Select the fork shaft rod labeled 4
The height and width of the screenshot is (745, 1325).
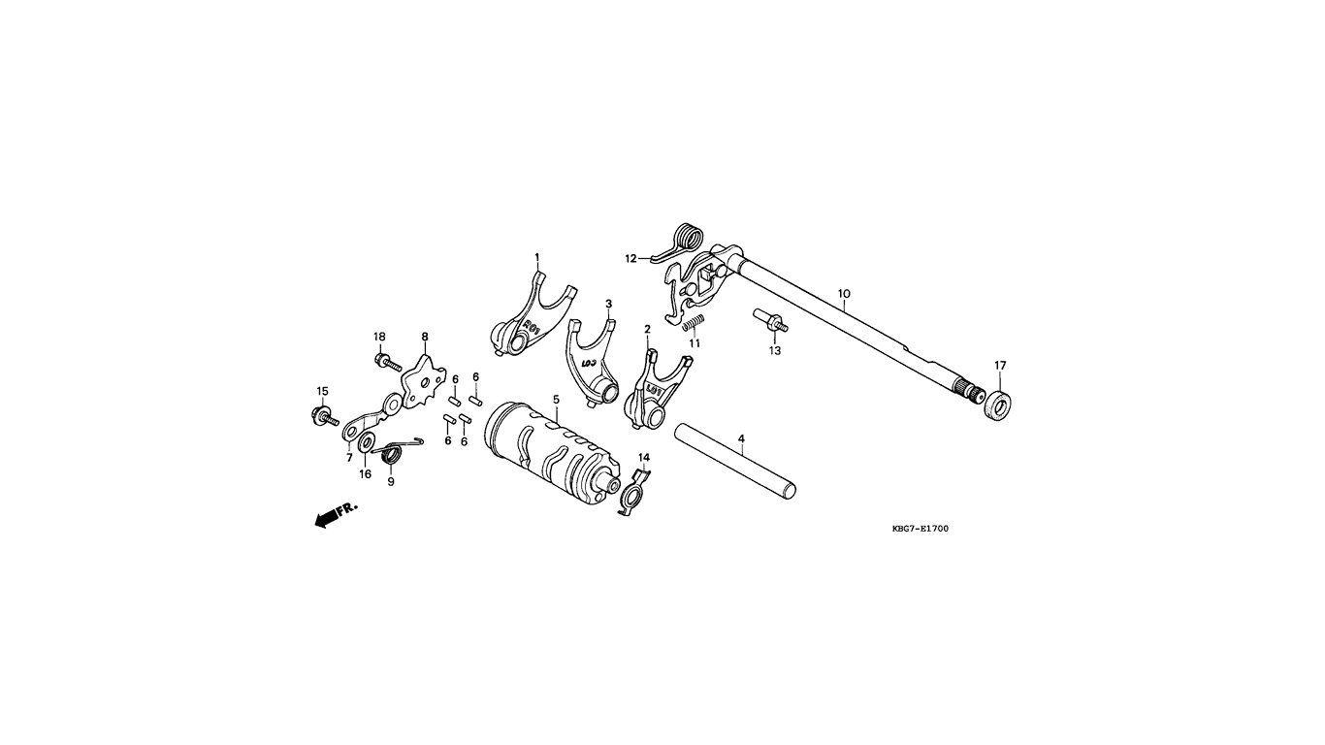[735, 460]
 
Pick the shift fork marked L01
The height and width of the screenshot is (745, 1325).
[654, 391]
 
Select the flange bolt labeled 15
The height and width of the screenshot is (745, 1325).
[324, 416]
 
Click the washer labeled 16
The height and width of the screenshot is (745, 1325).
[367, 440]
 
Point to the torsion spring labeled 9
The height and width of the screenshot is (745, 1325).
[395, 449]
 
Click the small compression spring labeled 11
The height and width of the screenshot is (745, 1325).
[692, 324]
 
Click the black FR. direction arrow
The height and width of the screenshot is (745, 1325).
[328, 518]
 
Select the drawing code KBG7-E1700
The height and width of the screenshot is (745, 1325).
[920, 529]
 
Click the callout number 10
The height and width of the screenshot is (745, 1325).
[844, 294]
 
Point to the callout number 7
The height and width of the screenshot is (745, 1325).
[349, 458]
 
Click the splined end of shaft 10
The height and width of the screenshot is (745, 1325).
[970, 391]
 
